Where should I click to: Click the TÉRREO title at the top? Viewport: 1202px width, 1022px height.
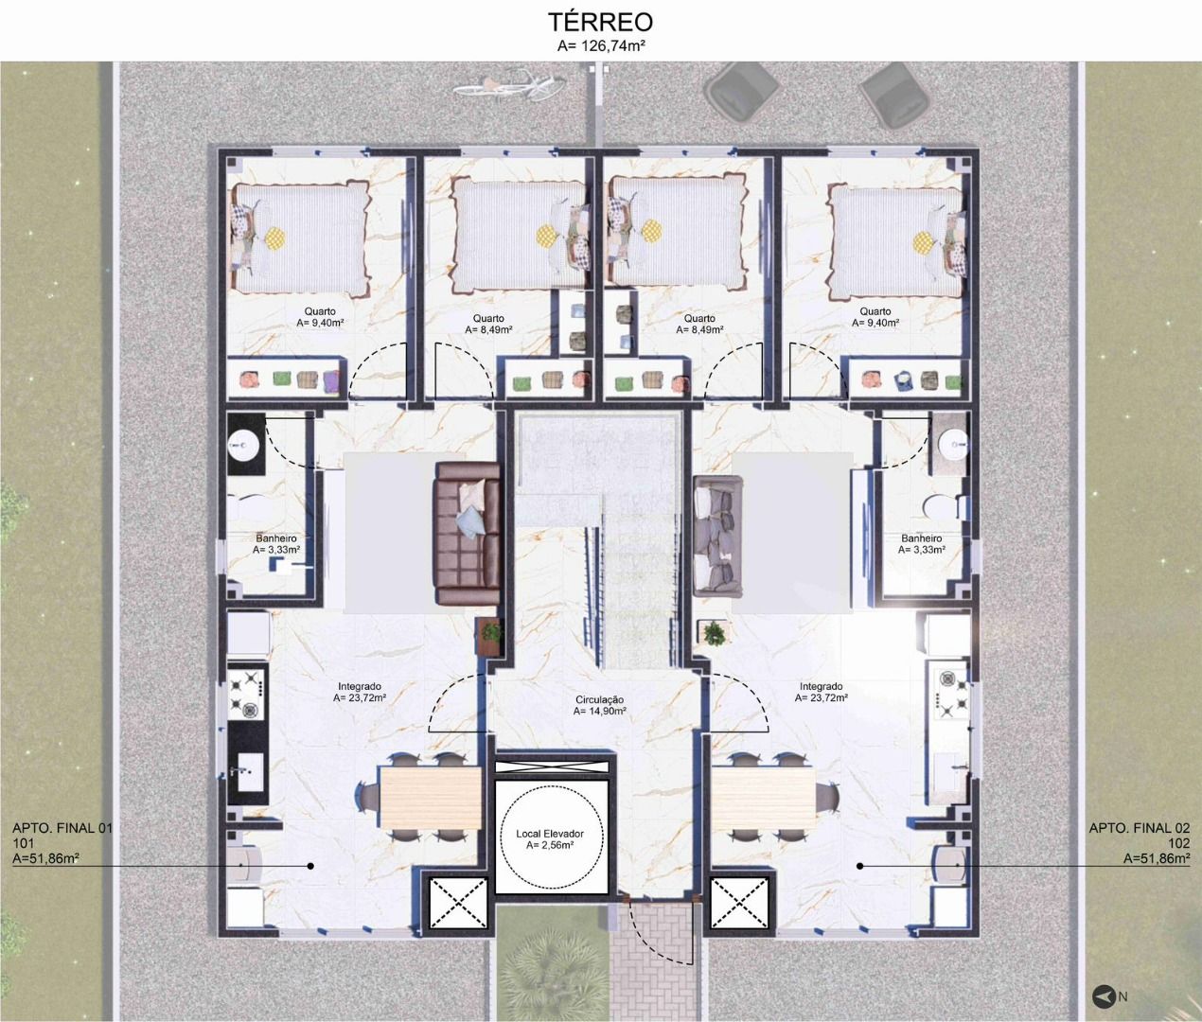pos(601,22)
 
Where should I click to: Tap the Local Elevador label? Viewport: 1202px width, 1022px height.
pos(550,833)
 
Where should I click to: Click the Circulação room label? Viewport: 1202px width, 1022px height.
pos(599,700)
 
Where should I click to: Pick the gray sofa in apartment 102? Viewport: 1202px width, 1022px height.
pos(718,536)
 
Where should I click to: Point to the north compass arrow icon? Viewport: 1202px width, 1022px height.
pos(1104,996)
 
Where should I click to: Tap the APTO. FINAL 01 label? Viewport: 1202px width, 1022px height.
pos(62,828)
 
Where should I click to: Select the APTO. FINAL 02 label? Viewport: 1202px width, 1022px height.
pos(1139,828)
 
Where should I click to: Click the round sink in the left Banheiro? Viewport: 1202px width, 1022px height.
pos(244,446)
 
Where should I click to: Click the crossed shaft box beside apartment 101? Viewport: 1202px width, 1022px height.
pos(458,903)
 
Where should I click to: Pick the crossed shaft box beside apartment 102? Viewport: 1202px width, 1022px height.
pos(739,903)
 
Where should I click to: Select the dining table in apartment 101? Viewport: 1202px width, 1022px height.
pos(431,797)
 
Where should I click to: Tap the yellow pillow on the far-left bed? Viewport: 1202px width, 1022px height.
pos(274,238)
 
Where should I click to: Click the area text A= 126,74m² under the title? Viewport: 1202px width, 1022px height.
pos(601,46)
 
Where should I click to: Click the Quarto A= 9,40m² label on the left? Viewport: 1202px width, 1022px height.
pos(320,317)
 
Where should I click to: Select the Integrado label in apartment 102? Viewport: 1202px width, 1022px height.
pos(822,687)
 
